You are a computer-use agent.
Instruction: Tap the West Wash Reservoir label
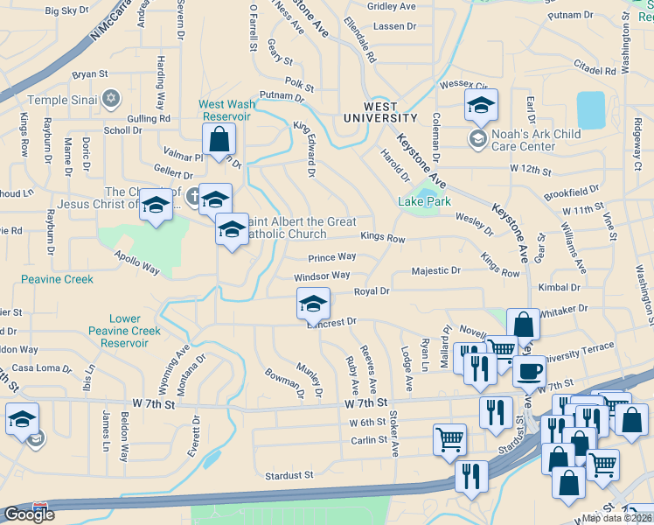point(227,109)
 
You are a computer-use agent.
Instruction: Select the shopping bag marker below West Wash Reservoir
point(219,138)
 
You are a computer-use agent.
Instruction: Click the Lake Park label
point(424,201)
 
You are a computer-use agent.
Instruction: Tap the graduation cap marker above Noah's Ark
point(481,105)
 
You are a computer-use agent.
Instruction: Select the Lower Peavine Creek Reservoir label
point(124,331)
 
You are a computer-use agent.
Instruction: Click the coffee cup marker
point(528,371)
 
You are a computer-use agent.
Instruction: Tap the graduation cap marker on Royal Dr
point(313,304)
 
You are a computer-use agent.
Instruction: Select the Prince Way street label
point(332,257)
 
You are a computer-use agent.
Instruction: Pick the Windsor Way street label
point(322,276)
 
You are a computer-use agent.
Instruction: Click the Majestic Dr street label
point(435,271)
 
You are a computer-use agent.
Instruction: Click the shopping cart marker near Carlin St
point(449,438)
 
